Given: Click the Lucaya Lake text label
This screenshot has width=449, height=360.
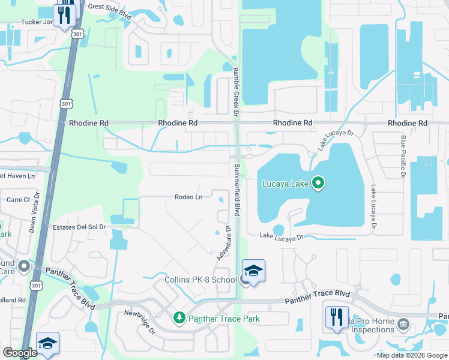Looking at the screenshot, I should (285, 184).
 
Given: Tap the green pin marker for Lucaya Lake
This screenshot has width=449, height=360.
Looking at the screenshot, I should (319, 183).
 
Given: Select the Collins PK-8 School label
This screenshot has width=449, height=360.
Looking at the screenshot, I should (200, 280).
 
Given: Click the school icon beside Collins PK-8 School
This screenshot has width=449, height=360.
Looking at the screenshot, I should (253, 271).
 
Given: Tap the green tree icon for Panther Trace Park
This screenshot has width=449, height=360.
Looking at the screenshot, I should (178, 317).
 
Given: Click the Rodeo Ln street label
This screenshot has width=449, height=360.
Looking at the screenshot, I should (188, 197).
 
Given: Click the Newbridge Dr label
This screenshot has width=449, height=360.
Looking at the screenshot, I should (140, 322).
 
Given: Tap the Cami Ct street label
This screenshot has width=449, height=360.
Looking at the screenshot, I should (18, 200).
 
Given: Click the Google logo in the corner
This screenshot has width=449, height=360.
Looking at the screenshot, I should (20, 353).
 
